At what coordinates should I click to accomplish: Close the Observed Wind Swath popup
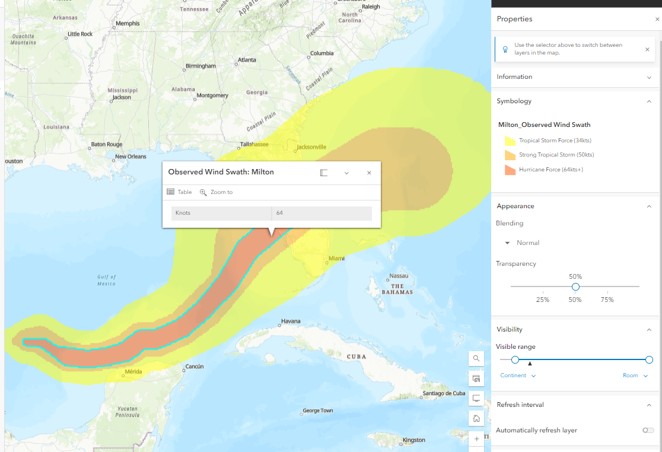coord(369,173)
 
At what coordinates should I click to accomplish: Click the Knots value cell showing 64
coord(322,213)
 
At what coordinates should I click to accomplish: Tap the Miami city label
coord(336,258)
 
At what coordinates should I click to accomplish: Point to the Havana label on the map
coord(291,321)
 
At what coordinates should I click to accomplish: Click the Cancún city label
coord(194,367)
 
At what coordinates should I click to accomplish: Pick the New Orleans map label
coord(130,157)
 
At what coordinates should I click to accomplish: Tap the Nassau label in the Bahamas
coord(399,276)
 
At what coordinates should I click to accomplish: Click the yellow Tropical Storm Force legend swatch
coord(510,141)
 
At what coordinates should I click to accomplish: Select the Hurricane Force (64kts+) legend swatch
coord(510,170)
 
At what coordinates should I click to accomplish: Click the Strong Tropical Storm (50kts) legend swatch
coord(510,155)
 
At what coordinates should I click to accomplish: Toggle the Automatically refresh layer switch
coord(648,430)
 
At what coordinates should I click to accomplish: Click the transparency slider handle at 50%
coord(575,287)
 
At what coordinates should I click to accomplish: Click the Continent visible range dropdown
coord(518,375)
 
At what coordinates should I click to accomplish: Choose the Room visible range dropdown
coord(635,375)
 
